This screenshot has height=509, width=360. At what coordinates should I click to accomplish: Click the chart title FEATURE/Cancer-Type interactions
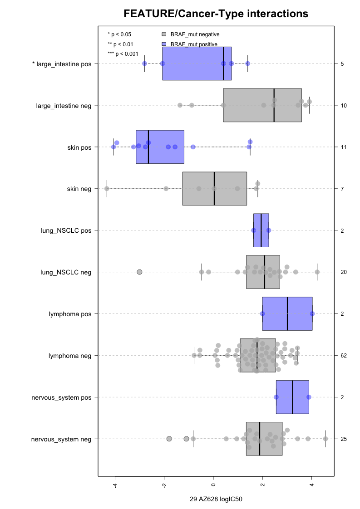click(x=216, y=14)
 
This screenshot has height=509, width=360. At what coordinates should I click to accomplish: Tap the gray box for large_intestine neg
click(x=262, y=105)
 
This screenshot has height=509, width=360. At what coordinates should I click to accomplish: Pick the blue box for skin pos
click(x=160, y=147)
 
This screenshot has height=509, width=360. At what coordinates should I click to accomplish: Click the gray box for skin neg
click(x=214, y=189)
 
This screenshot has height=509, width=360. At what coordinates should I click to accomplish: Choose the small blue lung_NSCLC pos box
click(x=261, y=230)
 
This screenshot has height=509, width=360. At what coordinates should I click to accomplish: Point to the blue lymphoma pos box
click(x=287, y=314)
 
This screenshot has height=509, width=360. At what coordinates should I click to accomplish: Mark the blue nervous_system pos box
click(x=292, y=397)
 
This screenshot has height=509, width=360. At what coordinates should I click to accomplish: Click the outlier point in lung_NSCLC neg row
click(x=140, y=272)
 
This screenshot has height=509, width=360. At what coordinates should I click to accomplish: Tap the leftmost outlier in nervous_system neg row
click(x=169, y=439)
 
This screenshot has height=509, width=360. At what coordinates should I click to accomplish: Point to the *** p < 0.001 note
click(x=123, y=54)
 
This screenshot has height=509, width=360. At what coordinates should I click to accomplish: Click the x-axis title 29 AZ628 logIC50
click(x=216, y=499)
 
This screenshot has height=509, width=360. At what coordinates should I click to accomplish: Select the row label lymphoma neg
click(x=70, y=356)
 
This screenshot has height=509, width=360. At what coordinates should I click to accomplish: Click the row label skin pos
click(x=79, y=147)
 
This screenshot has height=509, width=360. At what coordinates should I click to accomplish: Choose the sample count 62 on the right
click(x=344, y=356)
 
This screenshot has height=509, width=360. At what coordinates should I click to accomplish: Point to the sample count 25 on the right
click(x=344, y=439)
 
